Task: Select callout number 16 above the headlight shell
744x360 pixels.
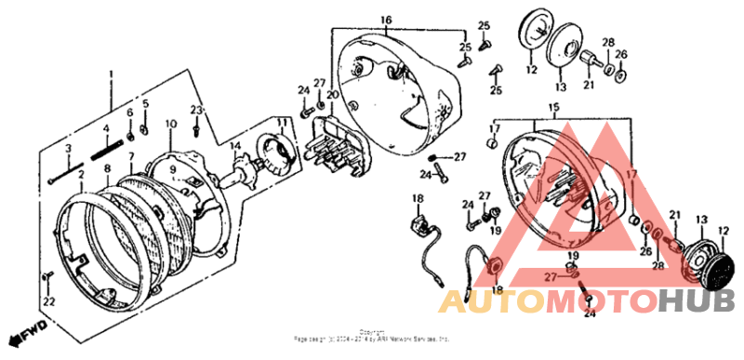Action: (x=386, y=20)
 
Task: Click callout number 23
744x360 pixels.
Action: (x=196, y=111)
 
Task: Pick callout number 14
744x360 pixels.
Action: (x=236, y=146)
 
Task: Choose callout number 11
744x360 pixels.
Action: (x=280, y=122)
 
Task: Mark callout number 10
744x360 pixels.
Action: (x=170, y=124)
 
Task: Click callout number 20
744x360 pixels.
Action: (x=332, y=96)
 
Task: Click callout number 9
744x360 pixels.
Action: (x=173, y=170)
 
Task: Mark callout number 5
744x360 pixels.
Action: (x=145, y=103)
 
